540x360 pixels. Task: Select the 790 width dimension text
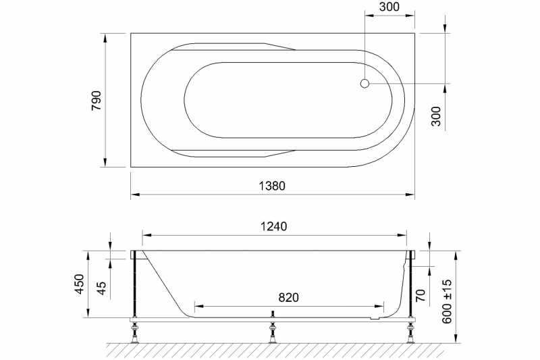[96, 99]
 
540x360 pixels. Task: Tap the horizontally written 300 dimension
[389, 8]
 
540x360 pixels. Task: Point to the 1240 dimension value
[274, 227]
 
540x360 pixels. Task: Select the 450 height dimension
[79, 284]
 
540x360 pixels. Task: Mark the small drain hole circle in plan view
[365, 84]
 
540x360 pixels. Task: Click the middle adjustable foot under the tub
[273, 330]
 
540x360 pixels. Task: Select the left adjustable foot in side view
[136, 330]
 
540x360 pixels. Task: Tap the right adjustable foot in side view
[410, 330]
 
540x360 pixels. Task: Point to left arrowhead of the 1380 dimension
[134, 195]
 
